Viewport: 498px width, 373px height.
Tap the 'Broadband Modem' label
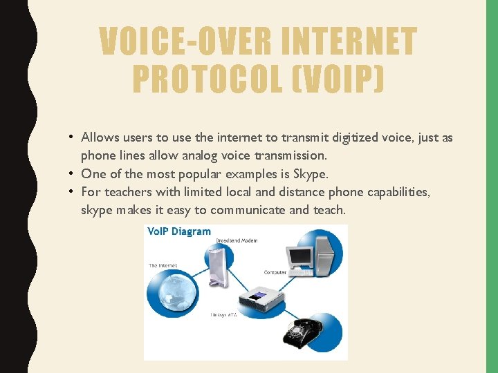tap(237, 240)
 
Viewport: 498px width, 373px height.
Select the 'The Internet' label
tap(163, 265)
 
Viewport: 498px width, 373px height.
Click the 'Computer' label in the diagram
tap(275, 272)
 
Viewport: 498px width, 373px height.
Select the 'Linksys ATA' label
tap(223, 315)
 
